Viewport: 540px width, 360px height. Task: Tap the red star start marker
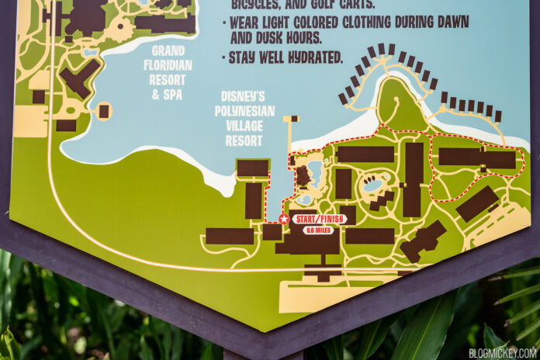pos(284,220)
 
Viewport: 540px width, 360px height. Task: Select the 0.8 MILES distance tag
pos(318,230)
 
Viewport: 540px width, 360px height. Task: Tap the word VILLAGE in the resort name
pos(247,126)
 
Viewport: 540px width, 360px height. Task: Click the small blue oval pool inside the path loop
pos(372,185)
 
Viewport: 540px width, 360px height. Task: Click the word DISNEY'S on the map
pos(244,97)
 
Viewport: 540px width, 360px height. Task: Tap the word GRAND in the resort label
pos(168,51)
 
